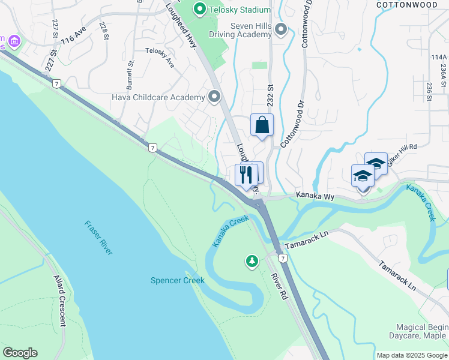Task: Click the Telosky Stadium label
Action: click(239, 10)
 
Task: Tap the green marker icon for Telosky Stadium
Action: click(200, 10)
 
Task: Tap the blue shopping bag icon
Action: click(262, 125)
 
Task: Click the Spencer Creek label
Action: click(177, 280)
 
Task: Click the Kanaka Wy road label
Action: click(313, 196)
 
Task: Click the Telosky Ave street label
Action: click(160, 59)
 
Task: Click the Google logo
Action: click(20, 353)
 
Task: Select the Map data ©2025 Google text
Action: click(411, 355)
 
